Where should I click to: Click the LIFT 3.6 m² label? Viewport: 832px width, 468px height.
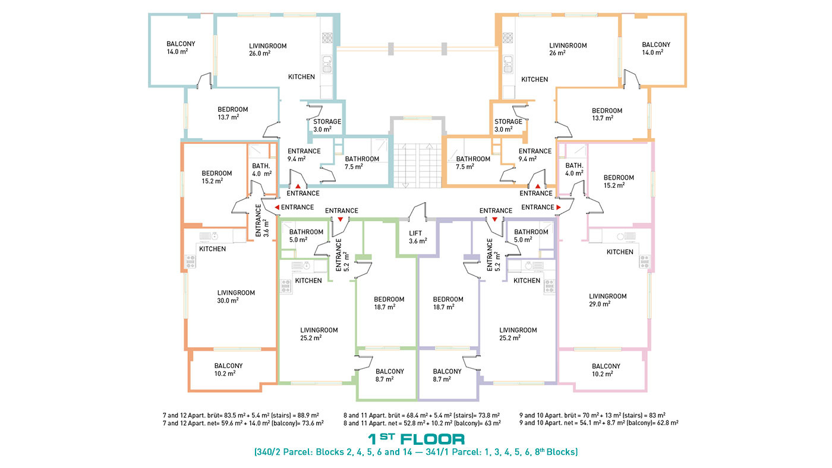coord(418,237)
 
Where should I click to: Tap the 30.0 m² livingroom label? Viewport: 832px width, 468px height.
coord(236,297)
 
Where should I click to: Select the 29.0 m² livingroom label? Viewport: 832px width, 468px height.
coord(607,300)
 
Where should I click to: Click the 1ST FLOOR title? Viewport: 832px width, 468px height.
coord(416,439)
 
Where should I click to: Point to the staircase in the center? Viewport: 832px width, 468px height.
coord(417,165)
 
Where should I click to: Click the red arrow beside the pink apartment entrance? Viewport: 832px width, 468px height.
coord(558,208)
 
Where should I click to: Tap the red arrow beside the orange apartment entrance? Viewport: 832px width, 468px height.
coord(277,208)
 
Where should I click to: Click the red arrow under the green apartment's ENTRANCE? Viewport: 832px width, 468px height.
coord(340,219)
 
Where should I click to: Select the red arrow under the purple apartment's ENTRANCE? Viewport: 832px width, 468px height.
coord(494,219)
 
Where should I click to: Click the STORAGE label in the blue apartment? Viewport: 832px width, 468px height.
coord(327,121)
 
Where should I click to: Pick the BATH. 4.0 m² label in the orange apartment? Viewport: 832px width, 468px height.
coord(262,169)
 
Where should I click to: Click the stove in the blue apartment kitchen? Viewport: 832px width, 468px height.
coord(327,38)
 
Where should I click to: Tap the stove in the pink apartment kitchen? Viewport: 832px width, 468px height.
coord(644,261)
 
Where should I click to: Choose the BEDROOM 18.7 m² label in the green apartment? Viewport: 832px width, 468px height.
coord(389,303)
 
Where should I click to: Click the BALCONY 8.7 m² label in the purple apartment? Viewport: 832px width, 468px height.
coord(447,375)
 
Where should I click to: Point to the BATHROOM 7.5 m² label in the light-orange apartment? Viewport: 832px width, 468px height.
coord(473,163)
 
